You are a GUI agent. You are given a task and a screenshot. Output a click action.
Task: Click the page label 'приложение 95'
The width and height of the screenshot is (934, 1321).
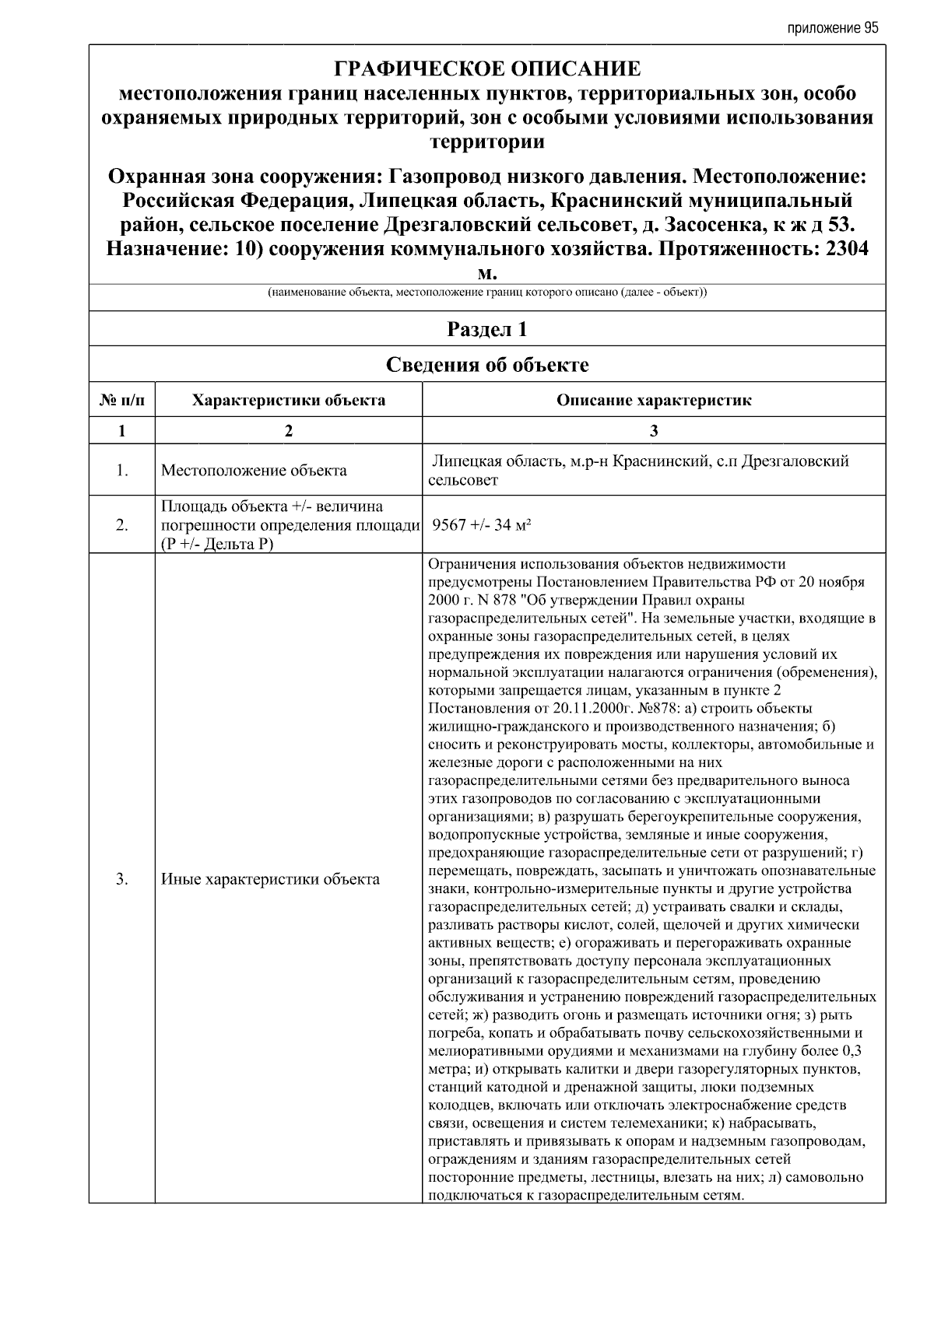[x=832, y=28]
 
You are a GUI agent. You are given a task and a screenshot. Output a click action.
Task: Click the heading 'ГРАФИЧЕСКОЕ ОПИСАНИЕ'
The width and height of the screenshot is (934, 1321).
[x=487, y=69]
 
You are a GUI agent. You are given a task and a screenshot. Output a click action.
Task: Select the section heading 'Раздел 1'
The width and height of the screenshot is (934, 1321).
[x=487, y=329]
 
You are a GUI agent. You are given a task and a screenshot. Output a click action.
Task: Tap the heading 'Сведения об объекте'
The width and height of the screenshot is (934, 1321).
[x=487, y=365]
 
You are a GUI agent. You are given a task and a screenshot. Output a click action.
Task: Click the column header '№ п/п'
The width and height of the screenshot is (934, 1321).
[x=122, y=401]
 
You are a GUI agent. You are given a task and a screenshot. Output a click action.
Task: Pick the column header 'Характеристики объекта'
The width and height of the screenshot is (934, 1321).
[x=289, y=401]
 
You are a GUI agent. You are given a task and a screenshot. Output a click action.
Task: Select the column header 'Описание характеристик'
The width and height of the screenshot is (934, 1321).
[x=654, y=401]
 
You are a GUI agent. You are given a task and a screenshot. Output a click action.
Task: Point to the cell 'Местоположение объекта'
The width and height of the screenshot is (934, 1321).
[x=254, y=471]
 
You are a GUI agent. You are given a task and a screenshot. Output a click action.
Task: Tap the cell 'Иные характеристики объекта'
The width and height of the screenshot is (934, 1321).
[x=270, y=879]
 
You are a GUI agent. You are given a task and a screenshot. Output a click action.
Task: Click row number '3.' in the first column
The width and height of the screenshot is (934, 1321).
[x=122, y=879]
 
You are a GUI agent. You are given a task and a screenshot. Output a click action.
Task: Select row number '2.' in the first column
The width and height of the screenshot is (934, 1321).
[x=122, y=525]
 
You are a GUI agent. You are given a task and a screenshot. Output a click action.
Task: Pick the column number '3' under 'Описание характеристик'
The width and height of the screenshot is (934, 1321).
[x=654, y=431]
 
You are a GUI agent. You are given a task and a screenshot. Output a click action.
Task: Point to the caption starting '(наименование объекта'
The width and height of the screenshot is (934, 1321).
[x=487, y=293]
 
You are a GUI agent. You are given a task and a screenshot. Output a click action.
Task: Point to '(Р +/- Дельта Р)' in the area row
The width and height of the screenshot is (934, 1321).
[x=217, y=544]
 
